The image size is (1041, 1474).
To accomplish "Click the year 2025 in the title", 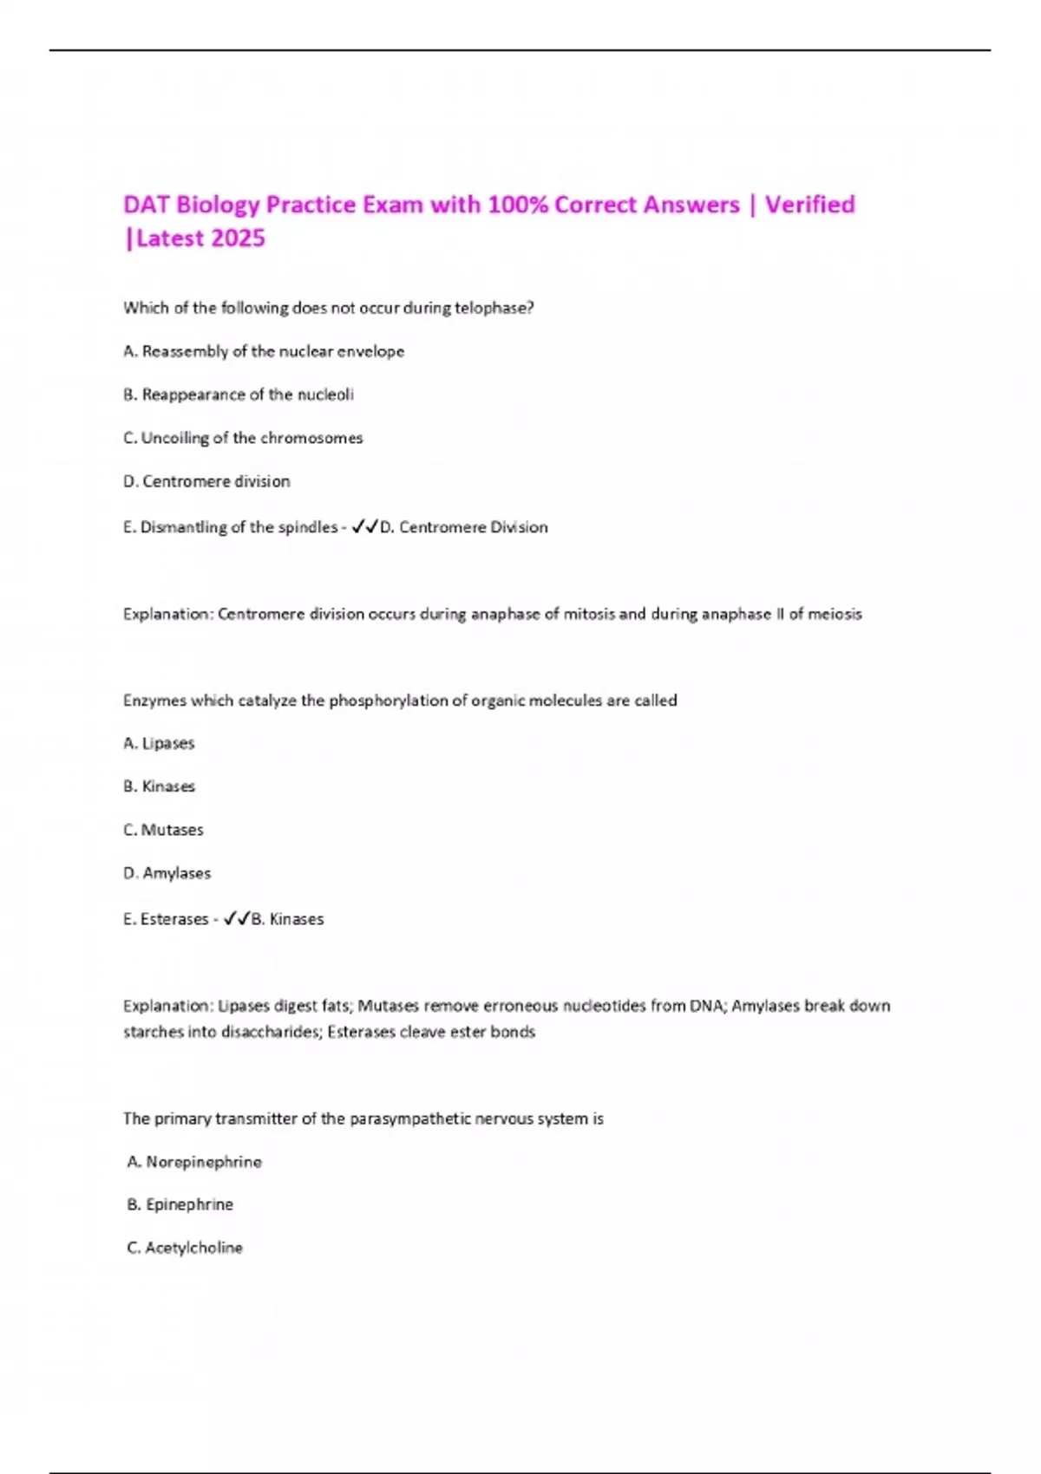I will pyautogui.click(x=238, y=238).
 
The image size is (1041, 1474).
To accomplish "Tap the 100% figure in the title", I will pyautogui.click(x=517, y=205).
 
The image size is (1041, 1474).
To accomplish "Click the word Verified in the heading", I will pyautogui.click(x=809, y=205).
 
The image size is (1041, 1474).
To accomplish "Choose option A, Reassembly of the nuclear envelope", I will pyautogui.click(x=264, y=351).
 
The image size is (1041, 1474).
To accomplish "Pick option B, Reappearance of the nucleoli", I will pyautogui.click(x=239, y=395).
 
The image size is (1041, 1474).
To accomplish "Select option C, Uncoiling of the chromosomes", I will pyautogui.click(x=243, y=438).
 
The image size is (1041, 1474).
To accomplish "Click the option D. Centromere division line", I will pyautogui.click(x=206, y=481).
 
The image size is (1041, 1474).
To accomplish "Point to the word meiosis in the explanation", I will pyautogui.click(x=835, y=614).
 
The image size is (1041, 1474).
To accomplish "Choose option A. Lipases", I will pyautogui.click(x=159, y=743).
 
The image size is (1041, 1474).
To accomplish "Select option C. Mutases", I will pyautogui.click(x=163, y=830).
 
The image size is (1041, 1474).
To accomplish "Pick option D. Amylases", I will pyautogui.click(x=167, y=873).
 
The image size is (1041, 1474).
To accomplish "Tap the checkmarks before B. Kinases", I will pyautogui.click(x=237, y=919).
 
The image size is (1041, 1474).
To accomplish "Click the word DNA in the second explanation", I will pyautogui.click(x=706, y=1006).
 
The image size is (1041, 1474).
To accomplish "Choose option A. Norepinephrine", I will pyautogui.click(x=194, y=1162).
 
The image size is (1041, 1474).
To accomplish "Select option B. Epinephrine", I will pyautogui.click(x=180, y=1204).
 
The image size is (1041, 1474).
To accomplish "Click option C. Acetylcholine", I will pyautogui.click(x=185, y=1248).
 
